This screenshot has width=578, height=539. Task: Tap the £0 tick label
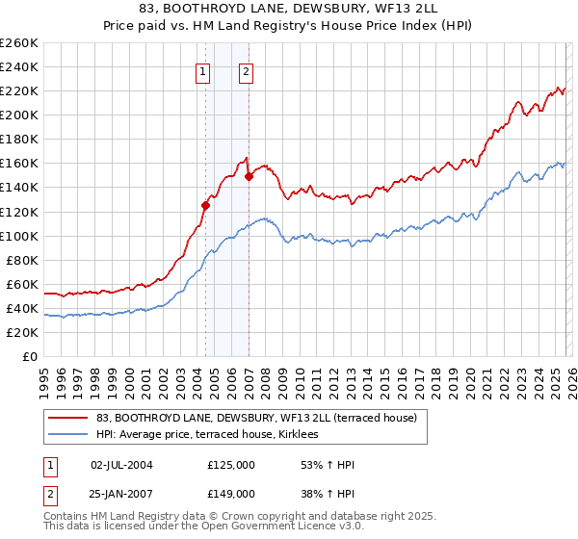(31, 356)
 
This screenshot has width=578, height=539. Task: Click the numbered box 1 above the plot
(204, 71)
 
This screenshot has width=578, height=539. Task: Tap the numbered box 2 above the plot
(247, 71)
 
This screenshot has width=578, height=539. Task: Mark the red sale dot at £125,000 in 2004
(205, 205)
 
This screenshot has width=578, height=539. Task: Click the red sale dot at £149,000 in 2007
(249, 176)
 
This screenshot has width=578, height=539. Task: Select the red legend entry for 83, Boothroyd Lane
(255, 419)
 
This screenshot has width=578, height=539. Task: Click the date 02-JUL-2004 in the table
(121, 465)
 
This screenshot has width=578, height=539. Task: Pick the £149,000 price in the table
(230, 493)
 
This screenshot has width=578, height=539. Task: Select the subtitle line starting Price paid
(289, 28)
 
